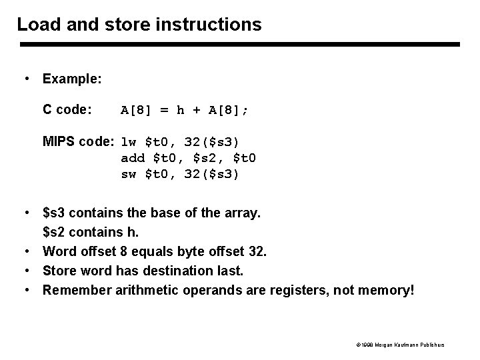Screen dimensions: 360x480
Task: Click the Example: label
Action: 72,79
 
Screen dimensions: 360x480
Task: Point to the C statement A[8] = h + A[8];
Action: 185,111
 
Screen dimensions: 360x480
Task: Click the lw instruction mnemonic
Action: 129,142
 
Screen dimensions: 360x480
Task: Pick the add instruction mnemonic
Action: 133,158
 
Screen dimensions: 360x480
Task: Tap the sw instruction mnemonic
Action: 129,174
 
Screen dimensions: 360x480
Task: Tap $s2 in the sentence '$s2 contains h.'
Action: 55,233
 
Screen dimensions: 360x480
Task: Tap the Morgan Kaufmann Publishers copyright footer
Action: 401,345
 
